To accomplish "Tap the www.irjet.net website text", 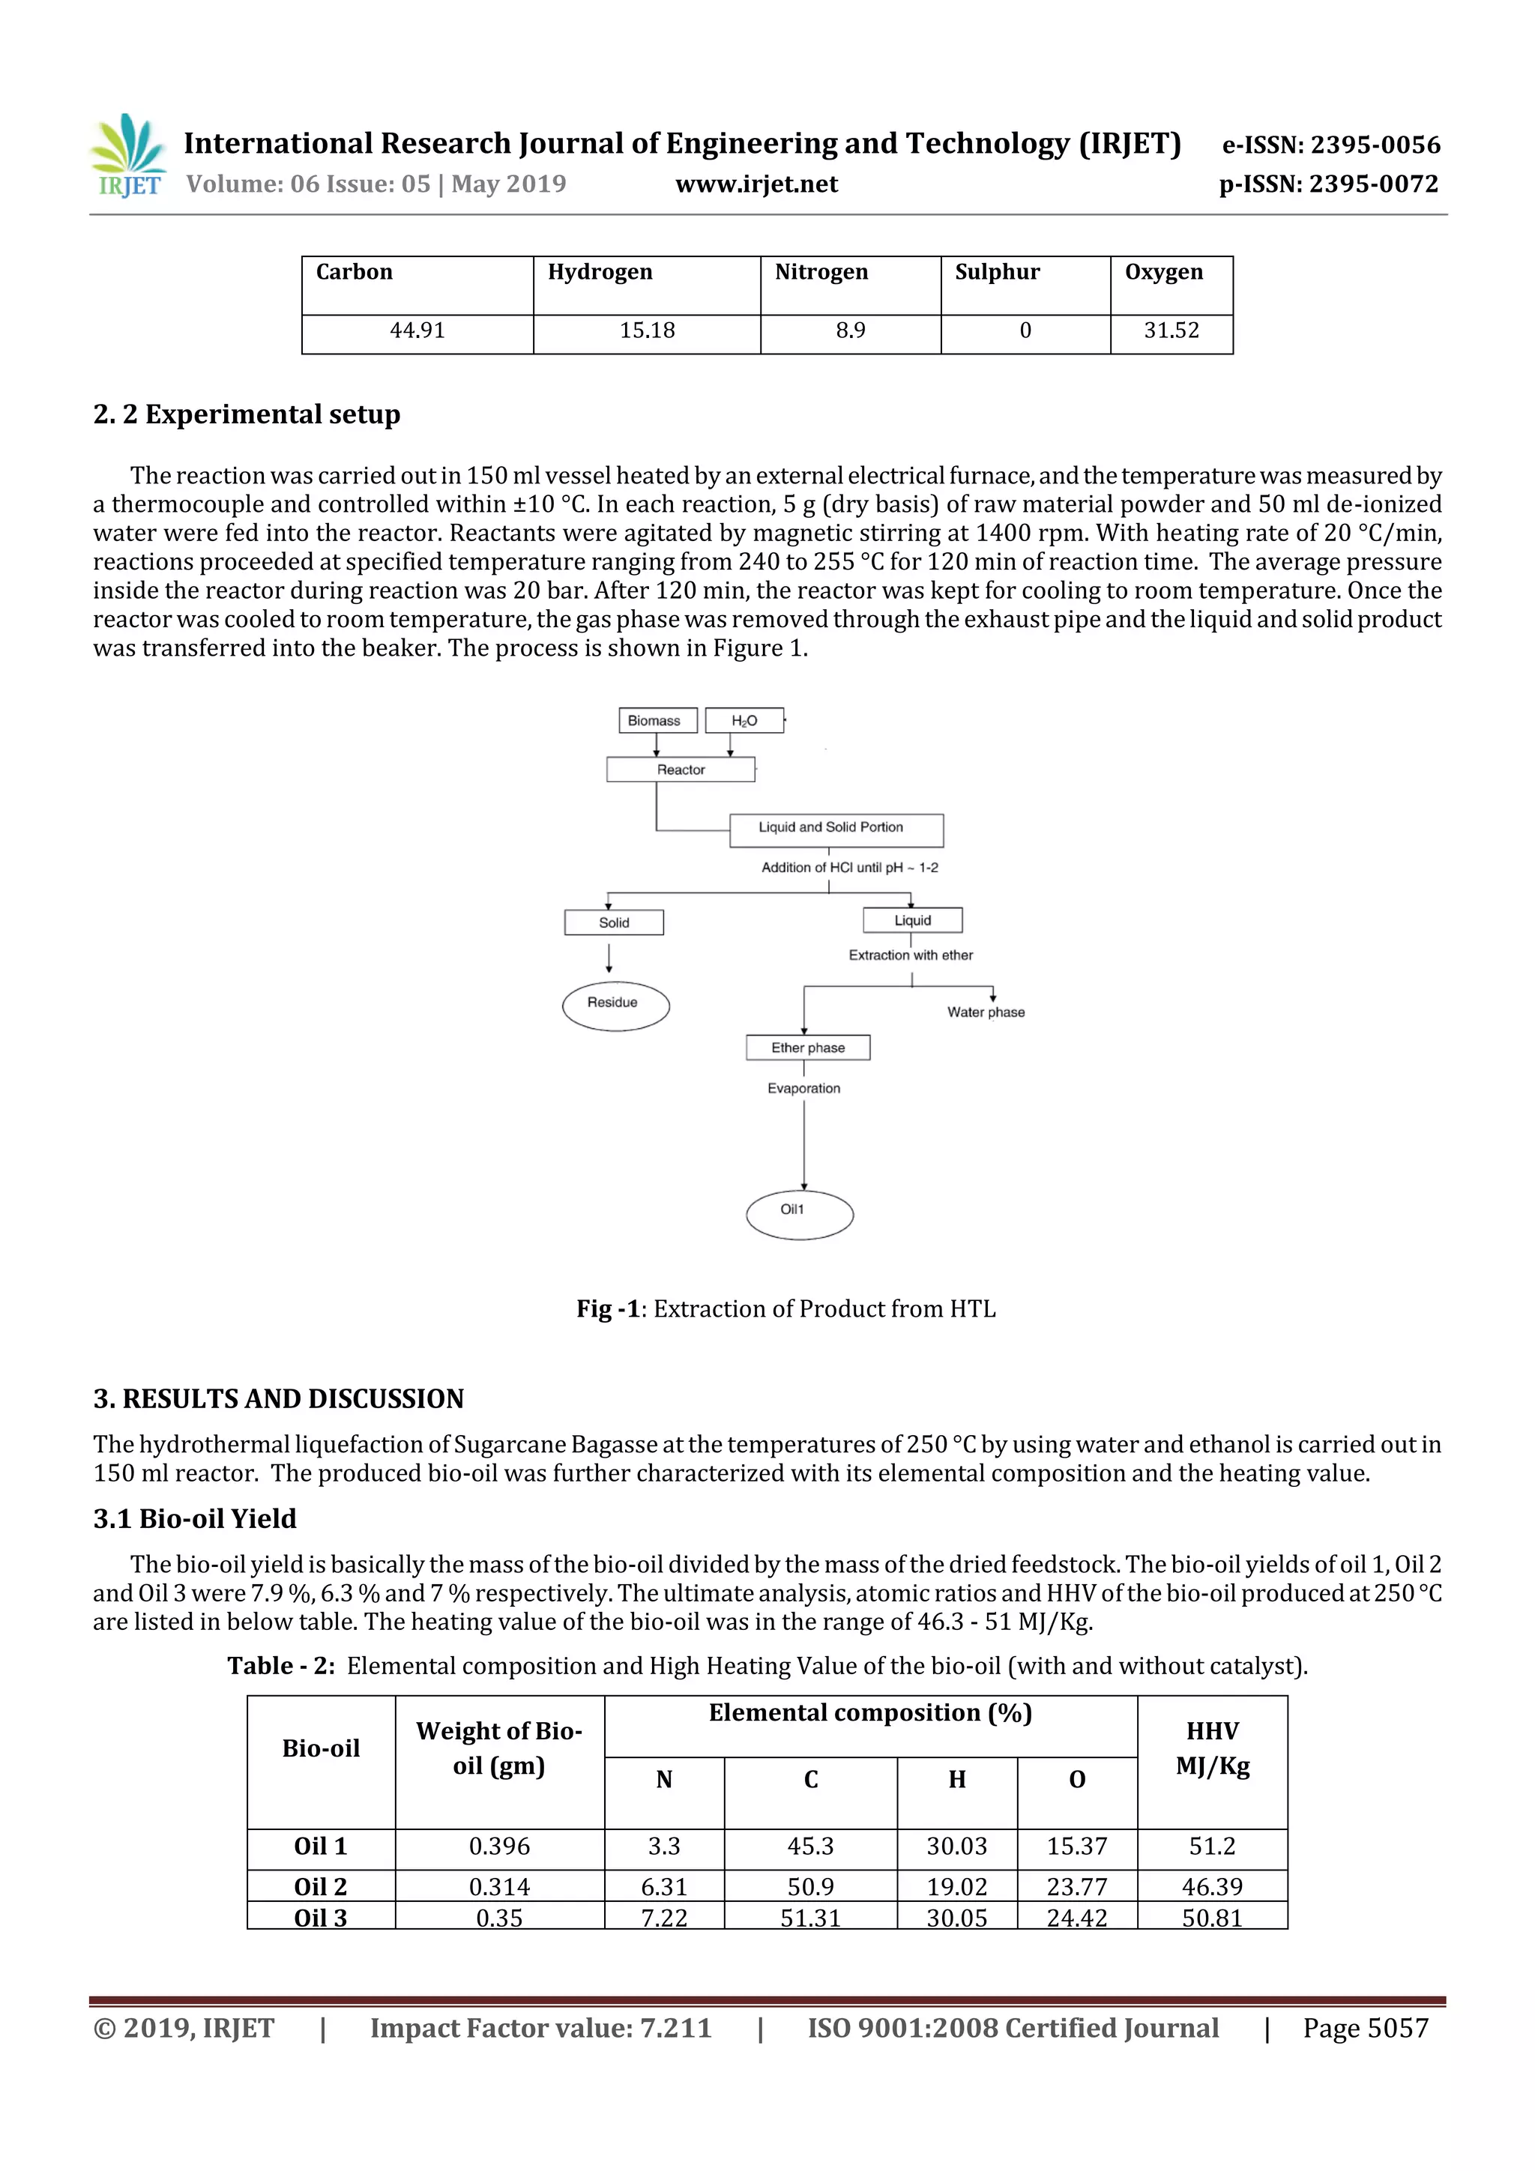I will pos(756,184).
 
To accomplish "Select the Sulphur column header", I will pos(997,272).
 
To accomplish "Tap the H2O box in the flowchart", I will pos(744,720).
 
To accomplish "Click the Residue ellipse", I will pos(615,1004).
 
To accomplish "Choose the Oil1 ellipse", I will pos(799,1213).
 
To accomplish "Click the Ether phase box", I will pos(808,1048).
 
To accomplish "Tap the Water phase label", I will pos(986,1012).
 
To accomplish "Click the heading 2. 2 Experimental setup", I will pos(247,414).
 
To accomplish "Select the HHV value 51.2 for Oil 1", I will pos(1211,1846).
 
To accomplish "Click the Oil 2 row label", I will pos(321,1886).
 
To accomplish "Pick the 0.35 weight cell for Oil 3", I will pos(498,1918).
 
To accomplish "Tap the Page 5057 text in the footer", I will pos(1365,2028).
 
